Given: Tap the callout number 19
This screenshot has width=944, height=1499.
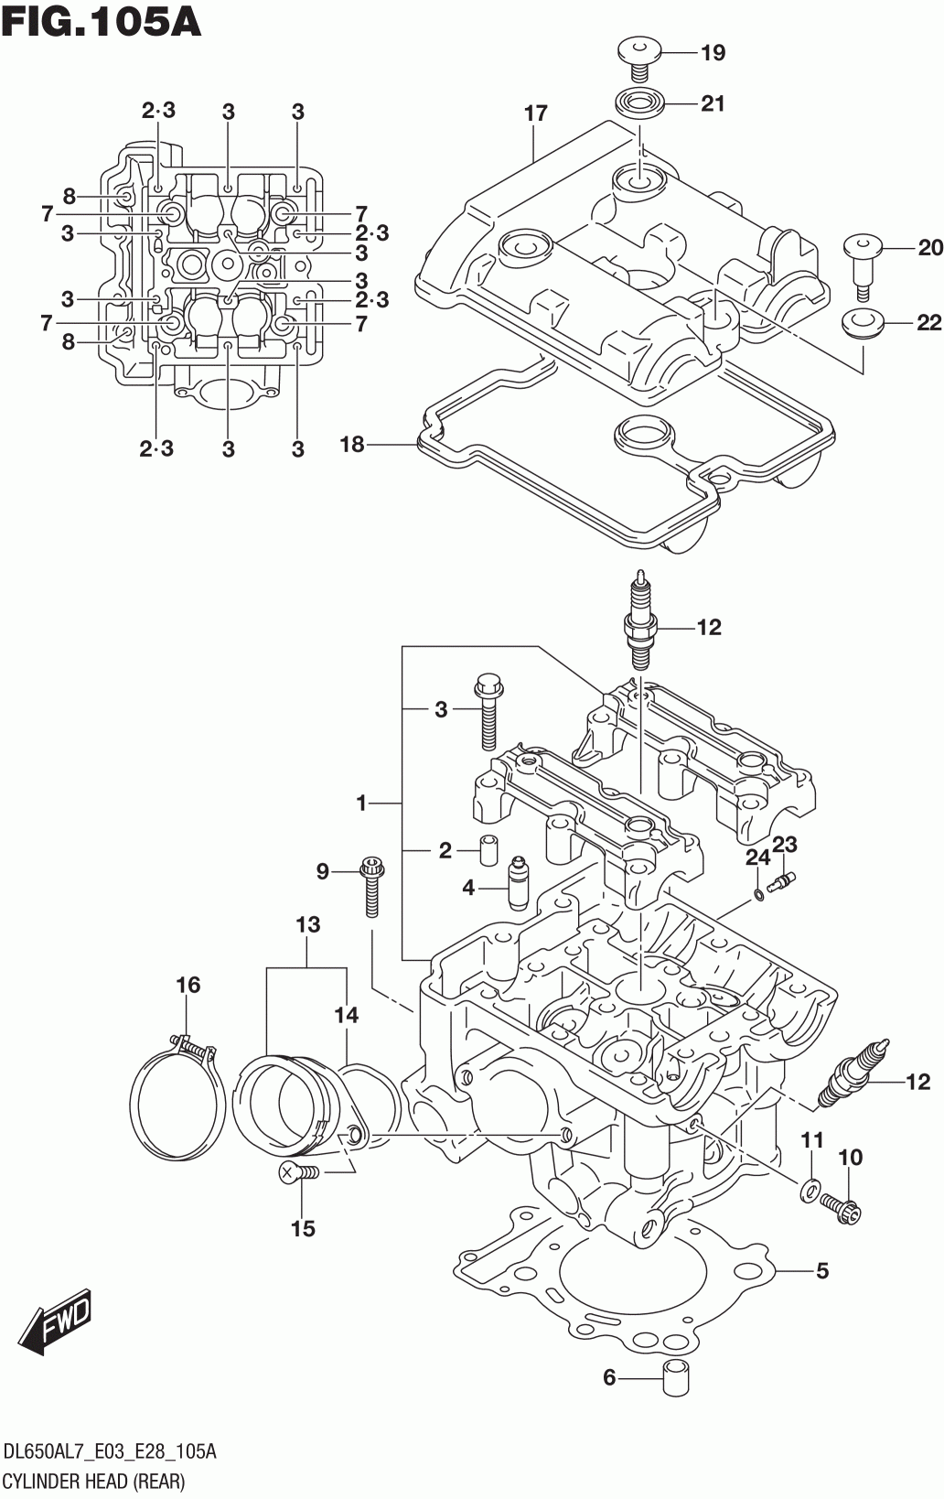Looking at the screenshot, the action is click(713, 52).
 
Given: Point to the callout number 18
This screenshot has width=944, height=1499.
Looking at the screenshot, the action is click(352, 444).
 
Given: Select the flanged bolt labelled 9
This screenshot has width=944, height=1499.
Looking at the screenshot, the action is click(370, 886).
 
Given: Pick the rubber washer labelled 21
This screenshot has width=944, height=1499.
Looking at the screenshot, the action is click(639, 103).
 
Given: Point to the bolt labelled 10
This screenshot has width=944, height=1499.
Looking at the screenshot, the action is click(841, 1209).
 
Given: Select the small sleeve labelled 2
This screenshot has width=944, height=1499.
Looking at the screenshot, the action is click(489, 850).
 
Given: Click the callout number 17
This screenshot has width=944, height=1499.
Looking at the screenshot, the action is click(536, 113).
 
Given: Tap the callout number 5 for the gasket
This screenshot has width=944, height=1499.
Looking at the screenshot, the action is click(822, 1271).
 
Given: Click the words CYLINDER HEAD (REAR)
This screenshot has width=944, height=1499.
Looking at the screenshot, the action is click(94, 1481).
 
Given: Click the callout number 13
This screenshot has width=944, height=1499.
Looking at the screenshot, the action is click(307, 925).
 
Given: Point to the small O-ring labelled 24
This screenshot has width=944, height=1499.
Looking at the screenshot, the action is click(758, 895).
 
